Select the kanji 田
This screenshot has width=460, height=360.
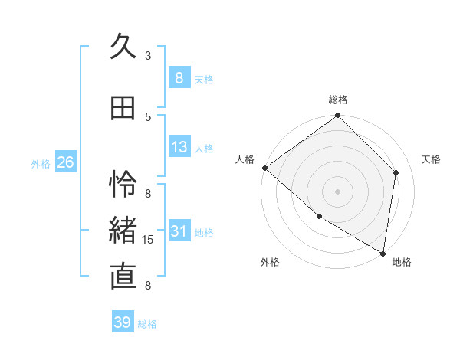pyautogui.click(x=123, y=109)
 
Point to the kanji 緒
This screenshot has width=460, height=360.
pyautogui.click(x=124, y=231)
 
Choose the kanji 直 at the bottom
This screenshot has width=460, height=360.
pyautogui.click(x=124, y=276)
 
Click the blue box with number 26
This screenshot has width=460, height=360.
pyautogui.click(x=66, y=162)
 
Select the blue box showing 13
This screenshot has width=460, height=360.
pyautogui.click(x=179, y=147)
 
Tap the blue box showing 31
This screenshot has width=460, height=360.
pyautogui.click(x=179, y=232)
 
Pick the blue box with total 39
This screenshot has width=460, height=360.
pyautogui.click(x=123, y=322)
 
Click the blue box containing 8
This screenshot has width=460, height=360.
pyautogui.click(x=179, y=77)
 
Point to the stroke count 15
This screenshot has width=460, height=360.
pyautogui.click(x=149, y=240)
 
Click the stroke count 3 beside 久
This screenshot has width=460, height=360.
pyautogui.click(x=148, y=55)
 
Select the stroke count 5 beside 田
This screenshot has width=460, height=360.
pyautogui.click(x=148, y=116)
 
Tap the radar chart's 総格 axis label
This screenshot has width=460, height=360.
pyautogui.click(x=338, y=100)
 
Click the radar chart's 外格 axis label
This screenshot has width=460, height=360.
pyautogui.click(x=270, y=263)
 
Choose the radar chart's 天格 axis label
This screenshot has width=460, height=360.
pyautogui.click(x=432, y=159)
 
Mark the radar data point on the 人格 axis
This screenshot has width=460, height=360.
pyautogui.click(x=264, y=168)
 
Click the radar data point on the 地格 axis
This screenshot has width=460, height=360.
pyautogui.click(x=383, y=253)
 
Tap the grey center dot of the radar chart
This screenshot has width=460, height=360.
pyautogui.click(x=338, y=191)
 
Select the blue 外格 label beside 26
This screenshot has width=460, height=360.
pyautogui.click(x=40, y=163)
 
